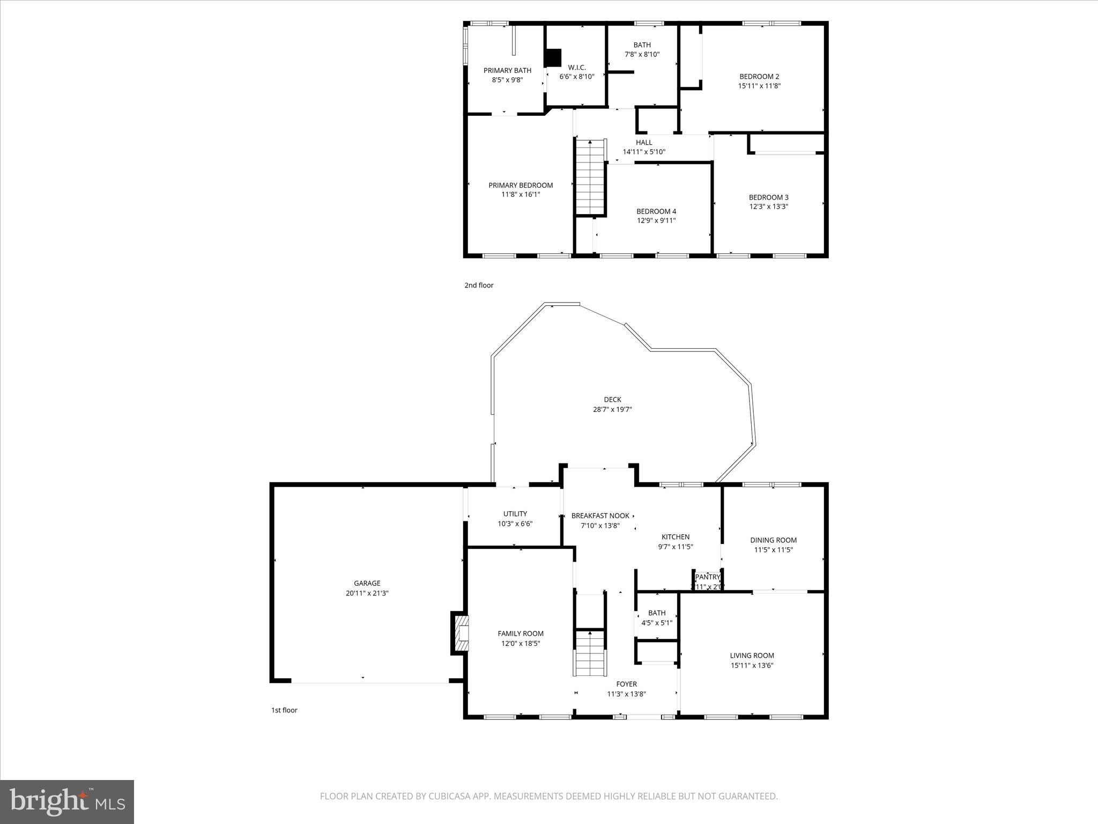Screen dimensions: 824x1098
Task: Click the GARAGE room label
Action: pos(367,583)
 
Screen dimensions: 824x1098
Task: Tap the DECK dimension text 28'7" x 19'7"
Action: pos(612,409)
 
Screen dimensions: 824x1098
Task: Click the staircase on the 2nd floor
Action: pos(590,177)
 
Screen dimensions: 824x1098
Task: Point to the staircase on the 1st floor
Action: pos(590,654)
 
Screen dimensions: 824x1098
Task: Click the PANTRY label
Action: pos(707,577)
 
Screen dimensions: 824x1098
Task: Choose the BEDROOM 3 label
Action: pos(768,197)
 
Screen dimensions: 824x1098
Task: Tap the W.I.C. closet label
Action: pos(577,68)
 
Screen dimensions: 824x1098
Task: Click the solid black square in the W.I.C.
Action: pos(553,58)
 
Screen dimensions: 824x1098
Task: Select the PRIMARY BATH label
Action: pos(507,71)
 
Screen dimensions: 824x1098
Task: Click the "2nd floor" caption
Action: pos(479,285)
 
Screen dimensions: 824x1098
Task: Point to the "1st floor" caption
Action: pos(284,710)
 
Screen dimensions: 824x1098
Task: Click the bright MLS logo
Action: pos(67,801)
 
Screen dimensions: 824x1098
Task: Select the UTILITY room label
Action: pos(515,514)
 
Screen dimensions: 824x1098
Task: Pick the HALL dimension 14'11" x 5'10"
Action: pos(644,152)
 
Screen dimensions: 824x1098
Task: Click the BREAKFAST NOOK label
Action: pos(600,516)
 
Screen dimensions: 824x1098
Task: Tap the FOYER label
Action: pos(626,684)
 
